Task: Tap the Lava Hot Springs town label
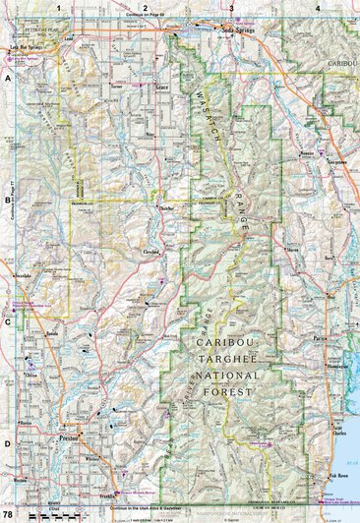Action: [25, 46]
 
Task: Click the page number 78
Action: [8, 515]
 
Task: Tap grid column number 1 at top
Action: [59, 7]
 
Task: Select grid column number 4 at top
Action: [318, 7]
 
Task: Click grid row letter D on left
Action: [6, 444]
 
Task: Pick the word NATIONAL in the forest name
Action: [235, 376]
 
